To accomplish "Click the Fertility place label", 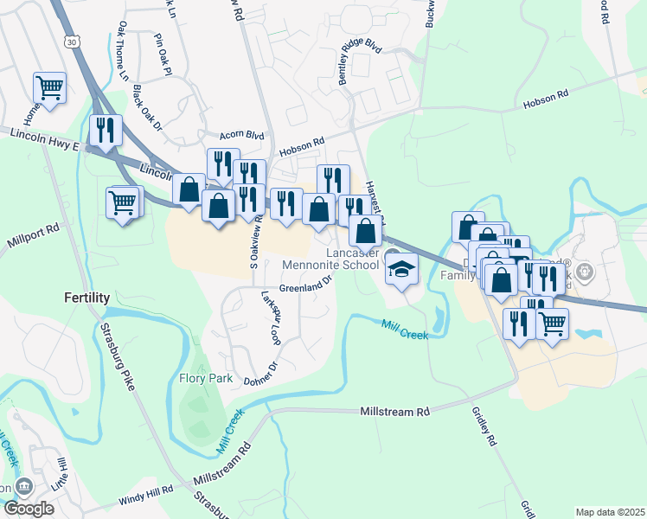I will click(87, 298).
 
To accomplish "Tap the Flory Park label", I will click(202, 378).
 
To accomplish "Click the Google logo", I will click(28, 509).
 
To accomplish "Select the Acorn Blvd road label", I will click(241, 135).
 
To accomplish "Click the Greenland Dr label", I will click(306, 285).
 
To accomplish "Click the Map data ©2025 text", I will click(610, 512).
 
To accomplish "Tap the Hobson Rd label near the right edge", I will click(545, 99).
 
